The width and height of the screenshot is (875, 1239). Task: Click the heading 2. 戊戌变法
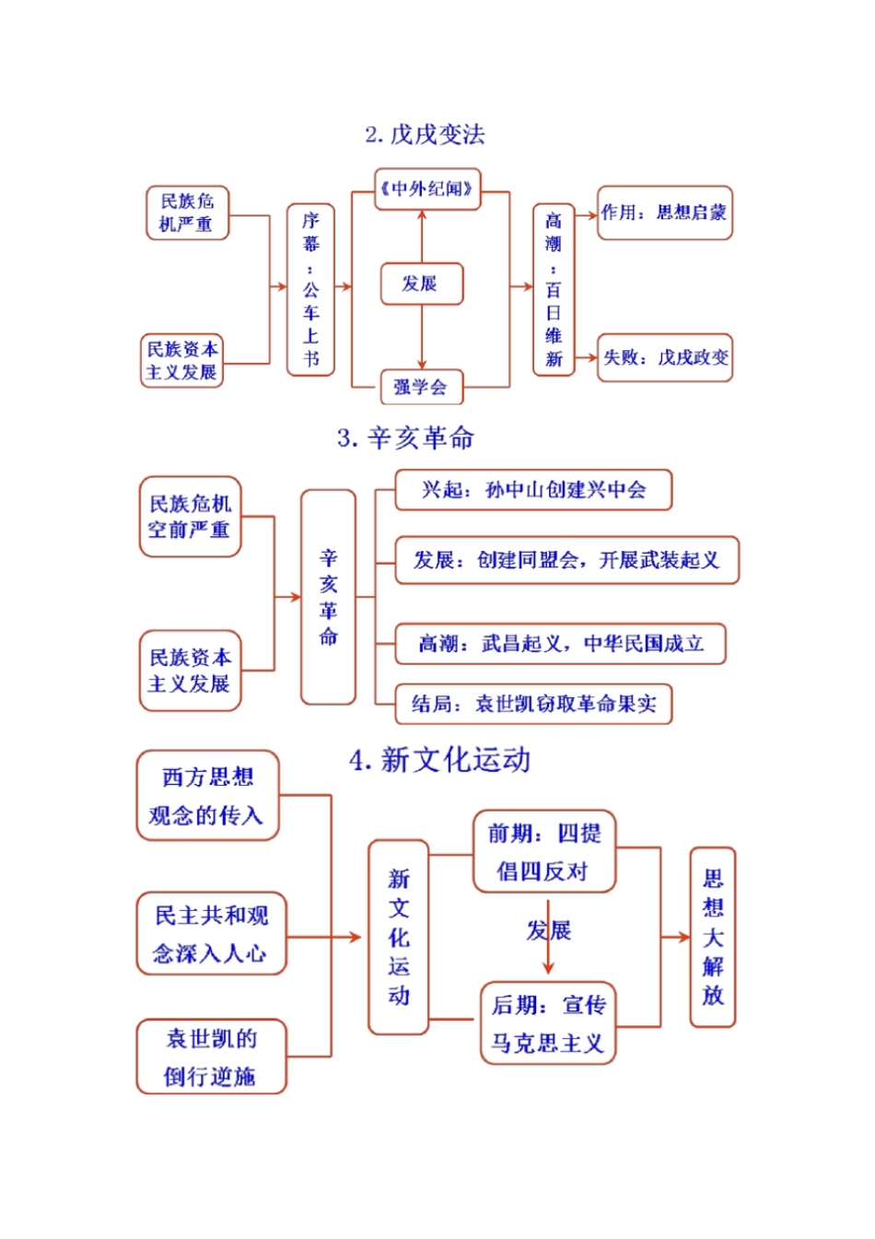pos(425,134)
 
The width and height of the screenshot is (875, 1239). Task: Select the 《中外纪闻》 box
pos(427,189)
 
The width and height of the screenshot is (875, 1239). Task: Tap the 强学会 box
pos(422,387)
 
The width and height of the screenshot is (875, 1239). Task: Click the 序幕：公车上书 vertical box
pos(310,288)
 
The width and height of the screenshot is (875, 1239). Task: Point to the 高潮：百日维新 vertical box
pos(553,288)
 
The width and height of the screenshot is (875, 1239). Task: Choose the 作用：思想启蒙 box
pos(664,213)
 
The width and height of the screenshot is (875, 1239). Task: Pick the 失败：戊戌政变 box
pos(664,357)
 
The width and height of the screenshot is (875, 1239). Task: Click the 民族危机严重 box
pos(187,213)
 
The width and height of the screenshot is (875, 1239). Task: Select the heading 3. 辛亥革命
pos(405,438)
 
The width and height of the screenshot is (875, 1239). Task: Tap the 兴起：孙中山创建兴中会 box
pos(533,490)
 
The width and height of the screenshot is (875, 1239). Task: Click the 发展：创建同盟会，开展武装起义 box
pos(566,560)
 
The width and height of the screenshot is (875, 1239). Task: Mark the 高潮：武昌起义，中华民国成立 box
pos(560,644)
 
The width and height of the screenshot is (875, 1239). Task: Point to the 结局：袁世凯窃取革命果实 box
pos(533,705)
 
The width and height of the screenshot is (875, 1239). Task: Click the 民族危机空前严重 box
pos(190,517)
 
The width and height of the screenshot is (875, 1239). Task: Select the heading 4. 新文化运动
pos(439,761)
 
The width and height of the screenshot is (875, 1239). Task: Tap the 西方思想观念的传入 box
pos(207,796)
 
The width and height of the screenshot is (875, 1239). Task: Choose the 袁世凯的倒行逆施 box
pos(211,1057)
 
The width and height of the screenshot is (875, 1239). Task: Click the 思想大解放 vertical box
pos(713,937)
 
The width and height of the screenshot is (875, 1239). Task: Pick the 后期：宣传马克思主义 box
pos(548,1023)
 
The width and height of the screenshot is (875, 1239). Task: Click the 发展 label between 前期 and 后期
pos(549,930)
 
